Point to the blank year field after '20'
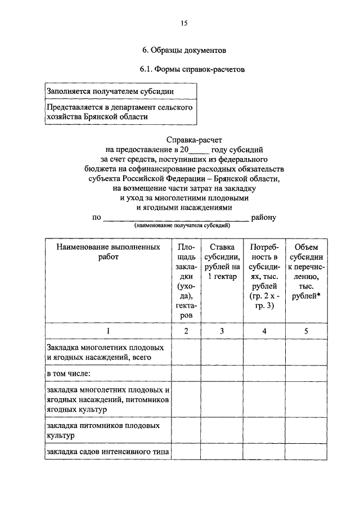[x=199, y=150]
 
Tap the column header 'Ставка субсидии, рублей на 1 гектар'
[x=222, y=262]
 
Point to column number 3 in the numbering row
[x=222, y=331]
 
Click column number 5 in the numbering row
[x=306, y=331]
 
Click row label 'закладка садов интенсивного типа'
[x=108, y=452]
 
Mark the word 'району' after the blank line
[x=264, y=217]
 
